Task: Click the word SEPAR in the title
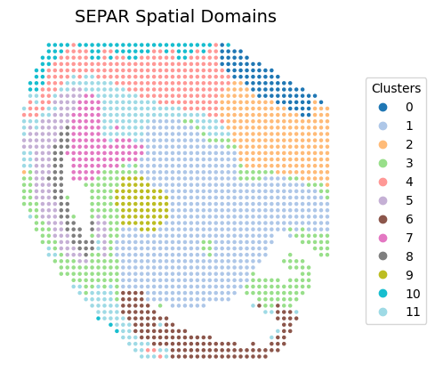[x=102, y=16]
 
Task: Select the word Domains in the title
[x=238, y=16]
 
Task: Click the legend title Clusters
[x=396, y=88]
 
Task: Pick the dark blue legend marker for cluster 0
[x=383, y=107]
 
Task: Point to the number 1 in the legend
[x=409, y=126]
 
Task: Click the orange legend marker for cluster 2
[x=383, y=144]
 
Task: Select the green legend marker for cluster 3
[x=383, y=163]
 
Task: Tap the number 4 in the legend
[x=409, y=182]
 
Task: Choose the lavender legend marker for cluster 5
[x=383, y=200]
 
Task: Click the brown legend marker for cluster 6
[x=383, y=219]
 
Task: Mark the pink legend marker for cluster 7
[x=383, y=238]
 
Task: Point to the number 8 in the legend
[x=409, y=256]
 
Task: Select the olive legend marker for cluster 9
[x=383, y=275]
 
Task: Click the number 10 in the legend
[x=413, y=294]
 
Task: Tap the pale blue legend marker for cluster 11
[x=383, y=312]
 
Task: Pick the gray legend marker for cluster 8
[x=383, y=256]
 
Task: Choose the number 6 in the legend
[x=409, y=219]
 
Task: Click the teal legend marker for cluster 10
[x=383, y=294]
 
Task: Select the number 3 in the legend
[x=409, y=163]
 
